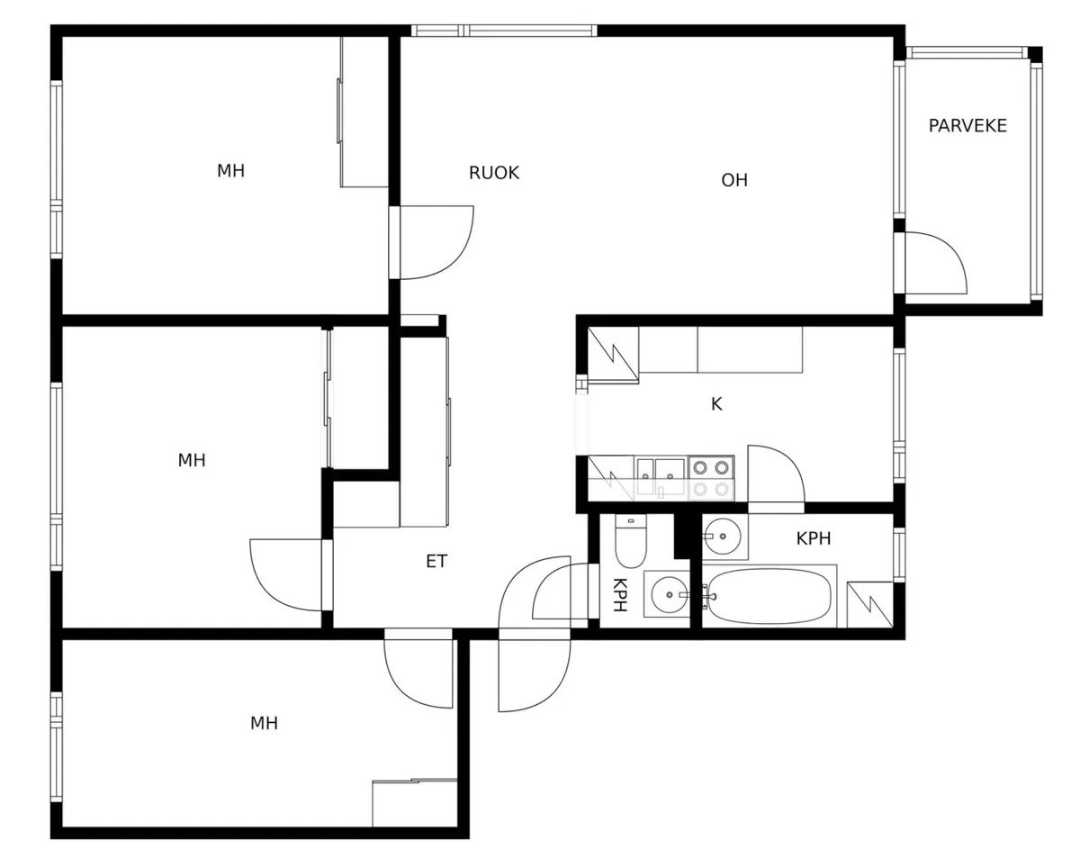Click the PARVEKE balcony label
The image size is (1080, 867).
pos(967,125)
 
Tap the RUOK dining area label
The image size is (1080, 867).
pos(494,173)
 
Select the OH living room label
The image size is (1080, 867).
pos(734,180)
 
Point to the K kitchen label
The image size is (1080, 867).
pos(716,403)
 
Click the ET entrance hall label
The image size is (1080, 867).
pos(436,561)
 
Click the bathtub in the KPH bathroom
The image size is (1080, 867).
pos(769,596)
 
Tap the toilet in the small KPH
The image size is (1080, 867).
pos(631,541)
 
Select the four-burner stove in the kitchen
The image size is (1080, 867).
pos(711,478)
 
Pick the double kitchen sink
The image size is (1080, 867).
pos(661,477)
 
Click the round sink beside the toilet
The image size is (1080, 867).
pos(669,594)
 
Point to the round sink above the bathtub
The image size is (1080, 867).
pos(724,537)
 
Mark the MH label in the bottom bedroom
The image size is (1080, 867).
pos(264,723)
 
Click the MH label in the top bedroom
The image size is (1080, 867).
pos(231,171)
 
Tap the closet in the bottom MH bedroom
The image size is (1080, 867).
pos(415,803)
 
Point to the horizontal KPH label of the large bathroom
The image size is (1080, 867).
pos(814,538)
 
